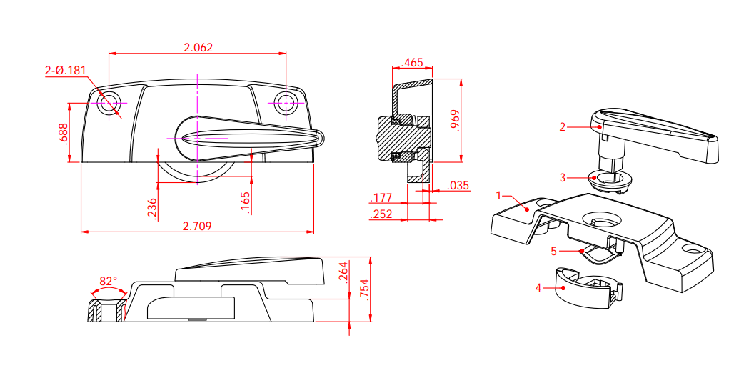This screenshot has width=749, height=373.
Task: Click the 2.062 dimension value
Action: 198,48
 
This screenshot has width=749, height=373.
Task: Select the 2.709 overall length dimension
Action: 197,226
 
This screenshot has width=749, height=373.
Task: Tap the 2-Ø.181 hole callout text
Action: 65,71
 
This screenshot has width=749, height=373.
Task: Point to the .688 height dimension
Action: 64,134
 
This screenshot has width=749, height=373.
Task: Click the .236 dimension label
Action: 151,209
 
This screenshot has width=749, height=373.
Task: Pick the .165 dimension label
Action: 246,202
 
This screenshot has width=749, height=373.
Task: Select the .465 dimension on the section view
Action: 412,63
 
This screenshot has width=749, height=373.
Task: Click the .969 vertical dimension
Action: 455,119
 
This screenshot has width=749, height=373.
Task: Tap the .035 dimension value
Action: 458,186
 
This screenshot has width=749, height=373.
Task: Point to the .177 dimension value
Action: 382,198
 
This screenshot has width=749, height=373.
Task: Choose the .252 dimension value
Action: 382,214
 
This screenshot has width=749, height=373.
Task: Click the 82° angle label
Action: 108,282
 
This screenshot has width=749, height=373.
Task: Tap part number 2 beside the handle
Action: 563,127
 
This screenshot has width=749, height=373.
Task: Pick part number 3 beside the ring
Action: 563,176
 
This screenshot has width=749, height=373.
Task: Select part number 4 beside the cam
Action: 539,288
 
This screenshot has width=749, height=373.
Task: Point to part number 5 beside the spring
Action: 553,251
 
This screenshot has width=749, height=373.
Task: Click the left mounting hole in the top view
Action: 109,103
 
